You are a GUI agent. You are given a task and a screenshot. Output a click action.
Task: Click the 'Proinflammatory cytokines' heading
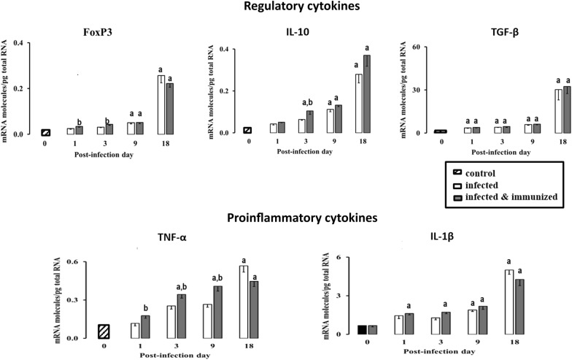point(286,218)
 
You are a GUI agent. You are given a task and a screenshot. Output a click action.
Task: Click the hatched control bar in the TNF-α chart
point(104,331)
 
